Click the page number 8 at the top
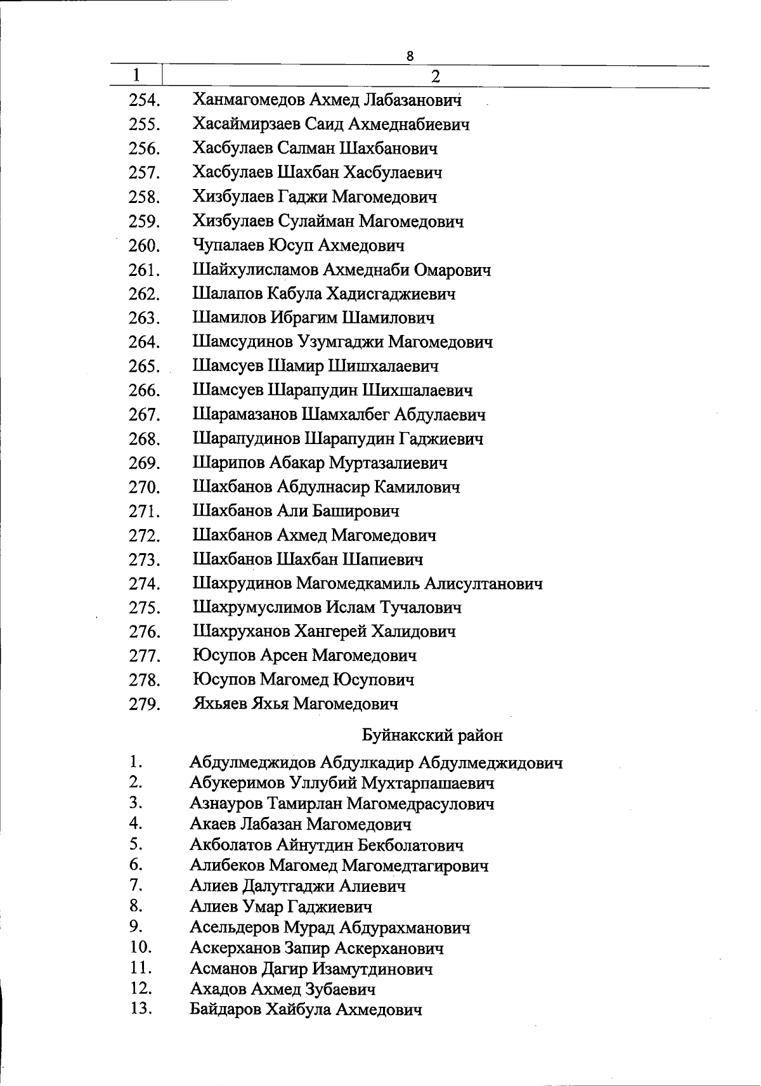pyautogui.click(x=410, y=56)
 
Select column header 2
pyautogui.click(x=435, y=77)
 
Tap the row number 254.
pyautogui.click(x=144, y=100)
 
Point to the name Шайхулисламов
pyautogui.click(x=256, y=270)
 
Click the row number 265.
pyautogui.click(x=144, y=367)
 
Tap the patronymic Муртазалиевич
pyautogui.click(x=388, y=463)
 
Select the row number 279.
pyautogui.click(x=144, y=704)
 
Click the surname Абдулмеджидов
pyautogui.click(x=253, y=762)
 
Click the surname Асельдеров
pyautogui.click(x=234, y=928)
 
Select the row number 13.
pyautogui.click(x=141, y=1009)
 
